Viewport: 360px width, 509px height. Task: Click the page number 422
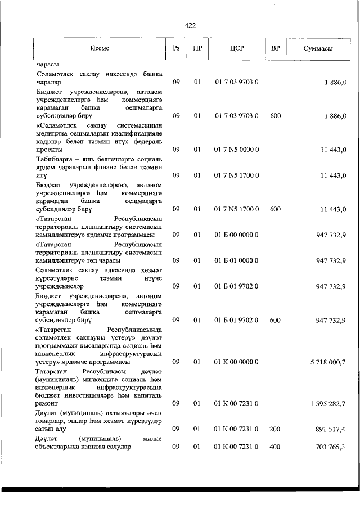coord(190,25)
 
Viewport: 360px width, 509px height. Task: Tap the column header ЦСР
coord(236,49)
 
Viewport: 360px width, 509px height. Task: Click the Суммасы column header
coord(318,49)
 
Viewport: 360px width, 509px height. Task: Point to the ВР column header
coord(276,49)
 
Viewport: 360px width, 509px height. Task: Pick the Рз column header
coord(176,49)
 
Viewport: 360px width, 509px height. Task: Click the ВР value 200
coord(275,429)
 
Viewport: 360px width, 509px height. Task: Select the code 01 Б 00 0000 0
coord(236,235)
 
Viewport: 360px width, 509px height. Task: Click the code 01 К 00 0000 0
coord(236,362)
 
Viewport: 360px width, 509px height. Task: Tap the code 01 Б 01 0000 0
coord(236,260)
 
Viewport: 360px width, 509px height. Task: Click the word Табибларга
coord(54,159)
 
